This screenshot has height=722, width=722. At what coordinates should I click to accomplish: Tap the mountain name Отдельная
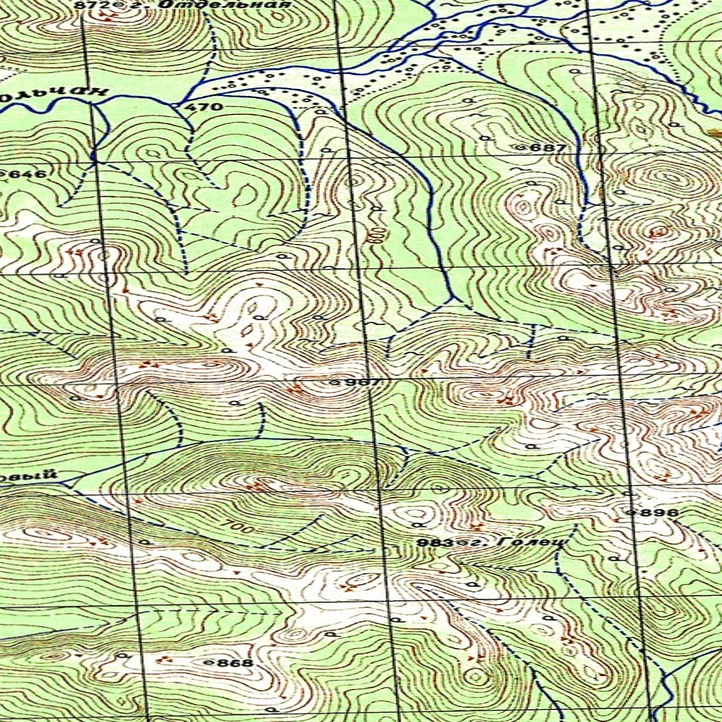tap(226, 4)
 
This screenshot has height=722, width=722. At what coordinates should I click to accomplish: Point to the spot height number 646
tap(31, 174)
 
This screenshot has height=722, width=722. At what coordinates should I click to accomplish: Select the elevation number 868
tap(235, 663)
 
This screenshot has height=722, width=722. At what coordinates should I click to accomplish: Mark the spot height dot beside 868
tap(207, 663)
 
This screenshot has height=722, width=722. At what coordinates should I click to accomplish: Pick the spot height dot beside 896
tap(632, 513)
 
